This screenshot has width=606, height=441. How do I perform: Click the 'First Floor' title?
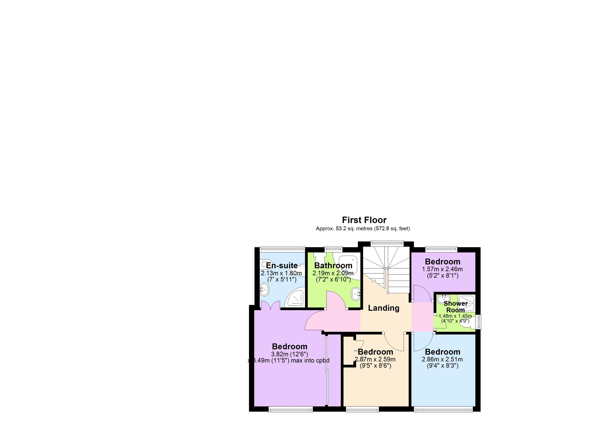pyautogui.click(x=364, y=220)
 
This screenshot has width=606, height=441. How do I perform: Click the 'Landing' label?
pyautogui.click(x=383, y=308)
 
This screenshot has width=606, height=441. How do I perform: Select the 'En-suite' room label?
pyautogui.click(x=282, y=266)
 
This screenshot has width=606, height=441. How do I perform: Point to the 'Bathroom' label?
pyautogui.click(x=333, y=266)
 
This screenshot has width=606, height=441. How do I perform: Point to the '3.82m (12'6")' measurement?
pyautogui.click(x=289, y=354)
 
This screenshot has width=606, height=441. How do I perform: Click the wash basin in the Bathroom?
pyautogui.click(x=356, y=294)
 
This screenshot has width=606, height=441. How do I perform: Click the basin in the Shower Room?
pyautogui.click(x=443, y=298)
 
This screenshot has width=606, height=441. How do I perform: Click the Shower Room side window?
pyautogui.click(x=479, y=322)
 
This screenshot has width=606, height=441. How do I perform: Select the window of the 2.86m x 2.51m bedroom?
pyautogui.click(x=443, y=409)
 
